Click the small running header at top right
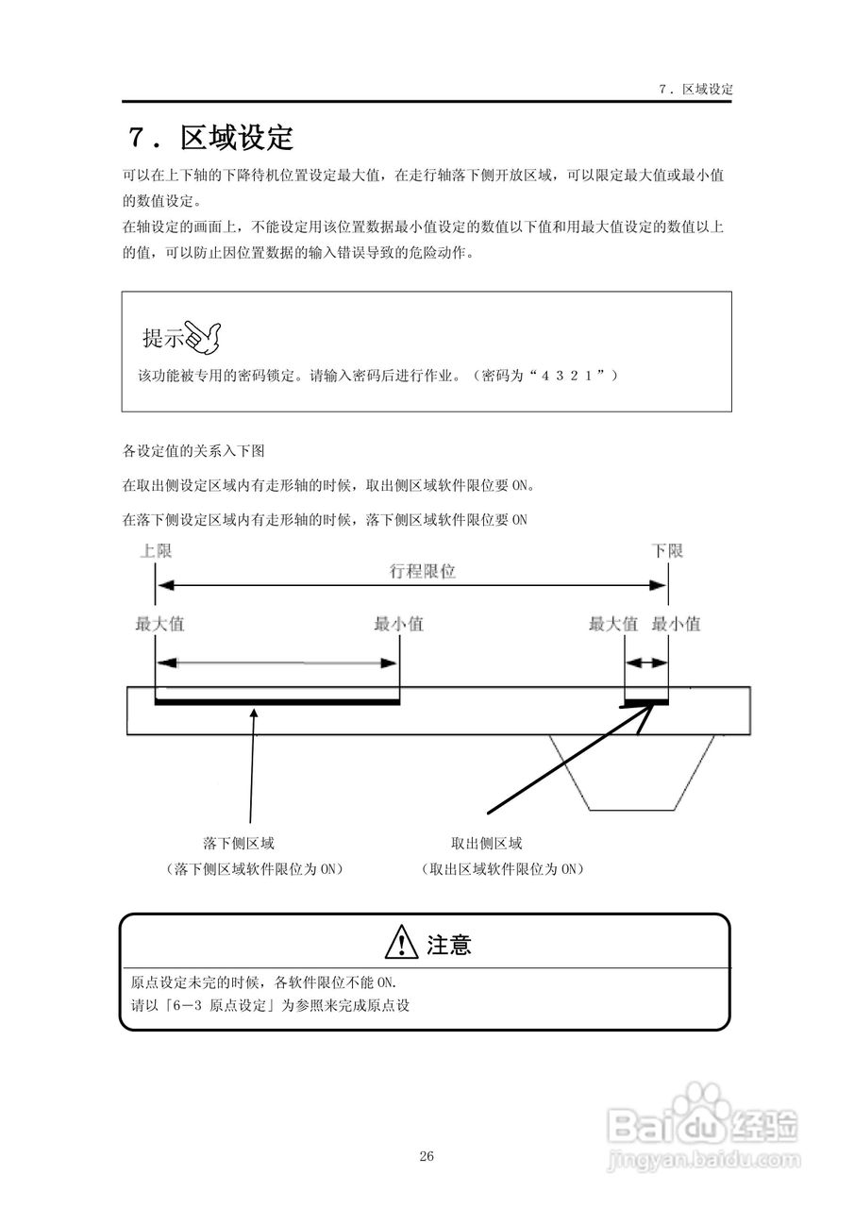click(x=695, y=89)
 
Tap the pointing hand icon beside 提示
click(x=203, y=335)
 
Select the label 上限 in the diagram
click(x=156, y=551)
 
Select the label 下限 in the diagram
click(x=667, y=551)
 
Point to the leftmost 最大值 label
click(x=159, y=624)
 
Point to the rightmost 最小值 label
click(x=676, y=624)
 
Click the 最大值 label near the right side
click(x=612, y=624)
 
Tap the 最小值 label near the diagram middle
click(x=398, y=624)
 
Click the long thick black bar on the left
click(x=276, y=702)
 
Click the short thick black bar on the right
click(x=646, y=702)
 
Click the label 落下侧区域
click(x=239, y=843)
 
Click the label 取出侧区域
click(x=487, y=843)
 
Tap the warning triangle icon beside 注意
click(x=402, y=943)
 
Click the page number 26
click(x=427, y=1156)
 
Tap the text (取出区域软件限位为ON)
click(x=502, y=868)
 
